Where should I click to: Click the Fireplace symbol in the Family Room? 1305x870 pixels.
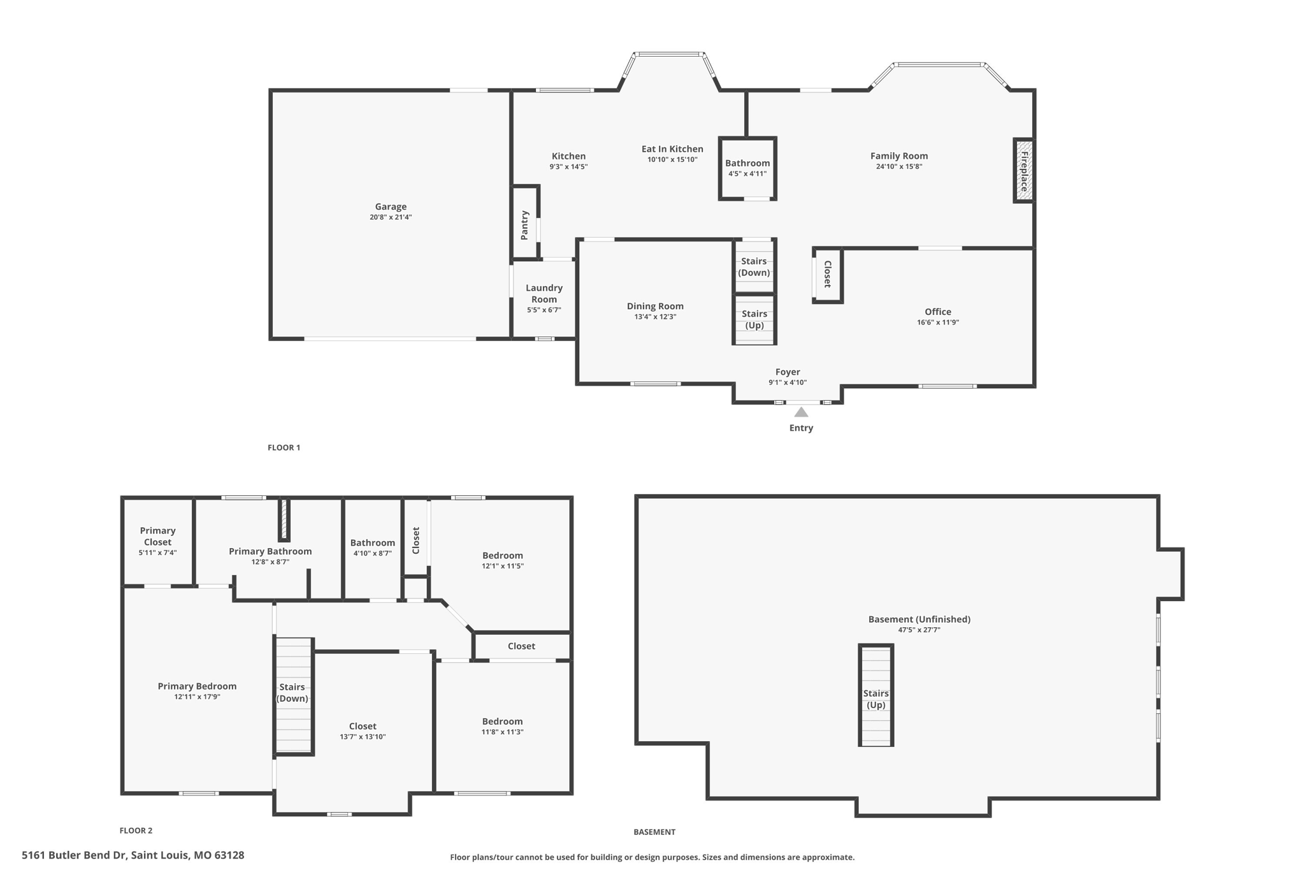click(1023, 171)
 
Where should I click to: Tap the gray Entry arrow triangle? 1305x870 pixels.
click(801, 412)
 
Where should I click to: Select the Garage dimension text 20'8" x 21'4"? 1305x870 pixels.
click(391, 217)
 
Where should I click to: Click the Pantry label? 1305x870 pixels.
click(524, 225)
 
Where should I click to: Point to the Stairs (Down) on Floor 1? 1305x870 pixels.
click(754, 266)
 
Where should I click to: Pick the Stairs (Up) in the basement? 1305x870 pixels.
click(876, 699)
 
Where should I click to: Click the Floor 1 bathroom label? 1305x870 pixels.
click(747, 163)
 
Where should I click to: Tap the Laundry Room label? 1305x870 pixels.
click(544, 293)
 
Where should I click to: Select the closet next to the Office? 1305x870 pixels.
click(827, 274)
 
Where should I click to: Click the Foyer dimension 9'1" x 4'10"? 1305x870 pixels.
click(788, 382)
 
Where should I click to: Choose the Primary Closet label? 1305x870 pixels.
click(157, 536)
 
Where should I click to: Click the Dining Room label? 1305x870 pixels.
click(655, 306)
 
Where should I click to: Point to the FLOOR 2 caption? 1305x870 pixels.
click(136, 830)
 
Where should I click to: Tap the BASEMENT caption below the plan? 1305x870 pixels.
click(654, 832)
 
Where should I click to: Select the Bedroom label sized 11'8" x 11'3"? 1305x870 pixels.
click(502, 721)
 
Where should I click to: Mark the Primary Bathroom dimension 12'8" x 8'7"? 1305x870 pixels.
click(270, 562)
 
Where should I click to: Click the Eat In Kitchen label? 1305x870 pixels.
click(672, 149)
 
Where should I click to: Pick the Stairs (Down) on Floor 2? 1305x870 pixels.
click(292, 692)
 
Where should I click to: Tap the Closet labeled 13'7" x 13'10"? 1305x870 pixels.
click(363, 726)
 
